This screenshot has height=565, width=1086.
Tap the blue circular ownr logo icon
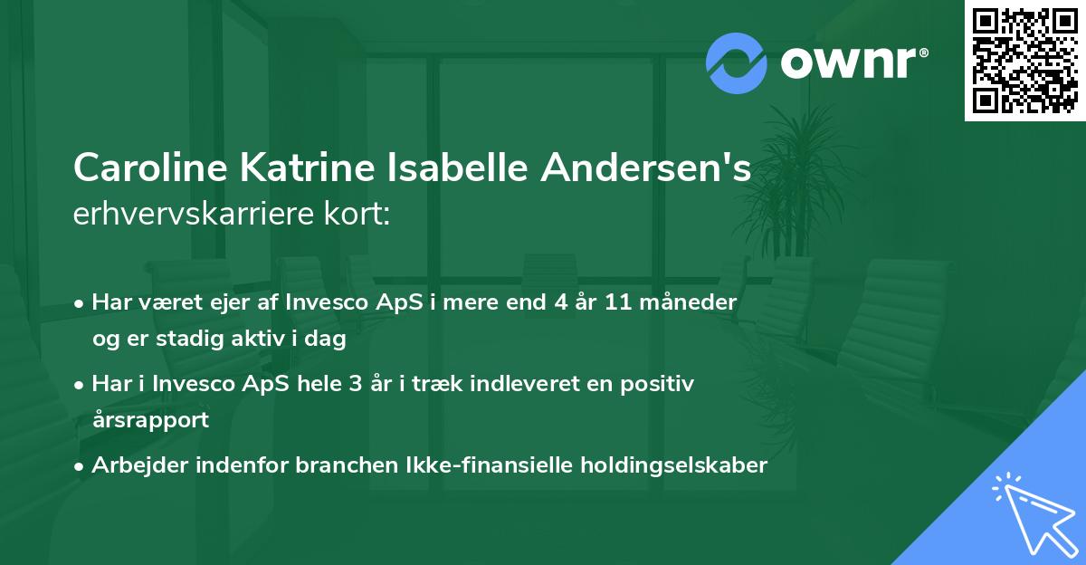738,62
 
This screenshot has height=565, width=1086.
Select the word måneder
694,302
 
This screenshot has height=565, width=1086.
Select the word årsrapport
150,419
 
